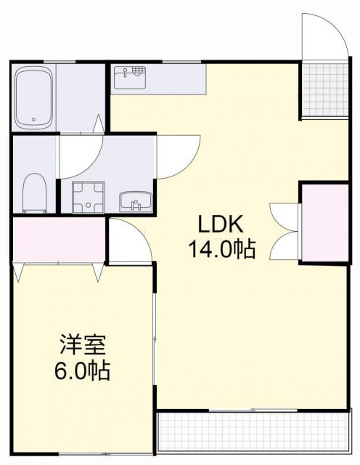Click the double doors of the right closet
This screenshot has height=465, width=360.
285,230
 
